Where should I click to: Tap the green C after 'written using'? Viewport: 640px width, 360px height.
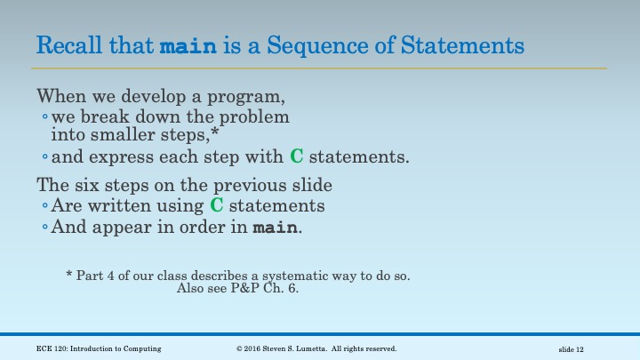(216, 205)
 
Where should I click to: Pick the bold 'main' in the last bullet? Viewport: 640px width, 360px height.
(276, 228)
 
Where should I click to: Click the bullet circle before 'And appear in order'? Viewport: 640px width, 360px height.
(44, 228)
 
